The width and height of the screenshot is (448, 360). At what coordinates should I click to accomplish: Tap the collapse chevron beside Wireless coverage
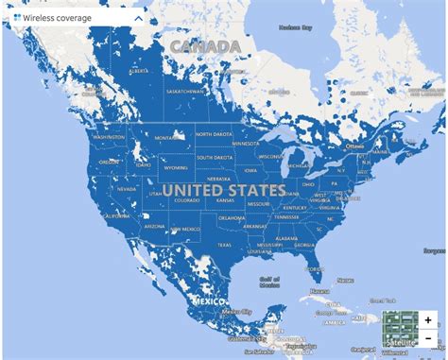pos(139,17)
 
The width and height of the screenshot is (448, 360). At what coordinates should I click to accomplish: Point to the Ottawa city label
pos(354,146)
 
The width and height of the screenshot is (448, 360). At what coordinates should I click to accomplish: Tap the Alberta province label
pos(138,70)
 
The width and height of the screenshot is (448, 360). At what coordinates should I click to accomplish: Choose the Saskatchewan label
pos(185,91)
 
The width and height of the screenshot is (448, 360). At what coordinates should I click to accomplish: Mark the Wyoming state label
pos(175,167)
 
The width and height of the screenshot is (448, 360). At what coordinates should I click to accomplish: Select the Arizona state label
pos(154,228)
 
